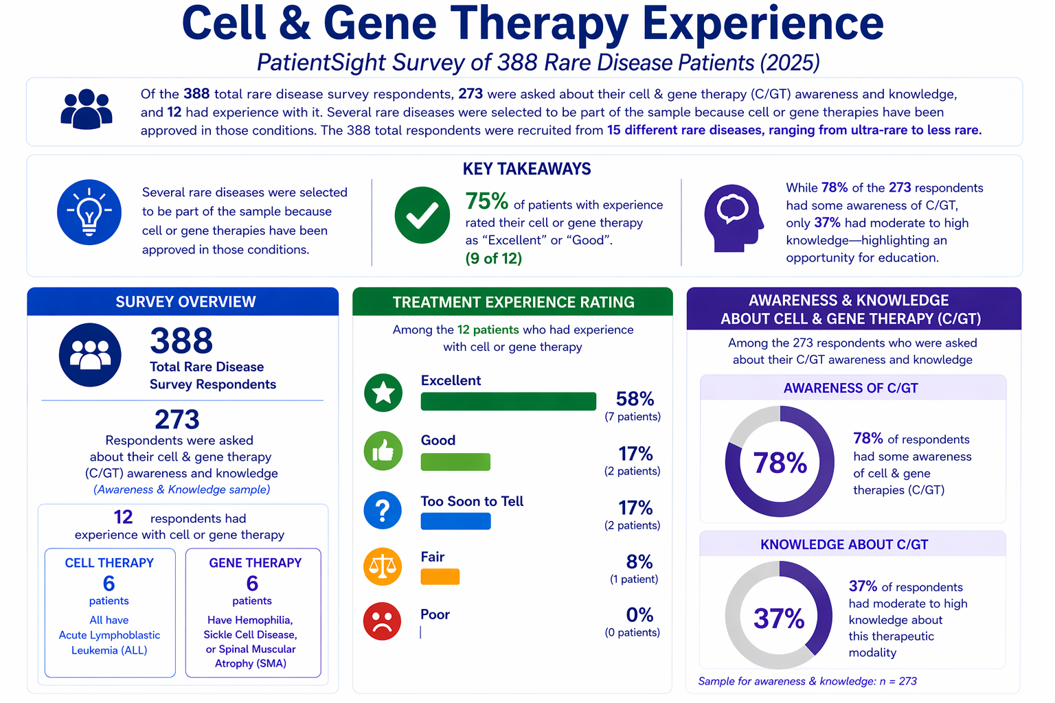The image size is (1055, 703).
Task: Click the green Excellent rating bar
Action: (508, 401)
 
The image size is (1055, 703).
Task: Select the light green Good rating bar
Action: (455, 462)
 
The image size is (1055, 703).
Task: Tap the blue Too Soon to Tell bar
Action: (455, 521)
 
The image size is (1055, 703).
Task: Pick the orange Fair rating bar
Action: (440, 577)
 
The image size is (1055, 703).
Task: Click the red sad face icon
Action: (383, 621)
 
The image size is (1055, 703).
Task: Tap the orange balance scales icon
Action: (383, 566)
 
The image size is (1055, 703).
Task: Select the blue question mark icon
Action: (383, 511)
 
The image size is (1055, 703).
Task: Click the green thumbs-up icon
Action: (383, 451)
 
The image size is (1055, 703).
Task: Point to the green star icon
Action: (383, 393)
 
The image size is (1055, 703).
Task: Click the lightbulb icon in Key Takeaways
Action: (89, 212)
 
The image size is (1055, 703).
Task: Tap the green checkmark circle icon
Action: (422, 215)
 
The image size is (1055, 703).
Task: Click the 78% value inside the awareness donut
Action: (780, 463)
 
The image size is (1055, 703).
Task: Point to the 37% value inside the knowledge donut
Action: (779, 619)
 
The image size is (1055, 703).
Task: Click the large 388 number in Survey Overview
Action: (181, 341)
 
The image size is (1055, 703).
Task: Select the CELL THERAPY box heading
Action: (109, 563)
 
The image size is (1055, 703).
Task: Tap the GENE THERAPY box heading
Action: (255, 563)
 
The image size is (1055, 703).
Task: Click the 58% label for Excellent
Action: (635, 399)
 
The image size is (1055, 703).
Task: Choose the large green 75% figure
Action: (486, 201)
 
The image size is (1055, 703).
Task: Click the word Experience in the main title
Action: (762, 23)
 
